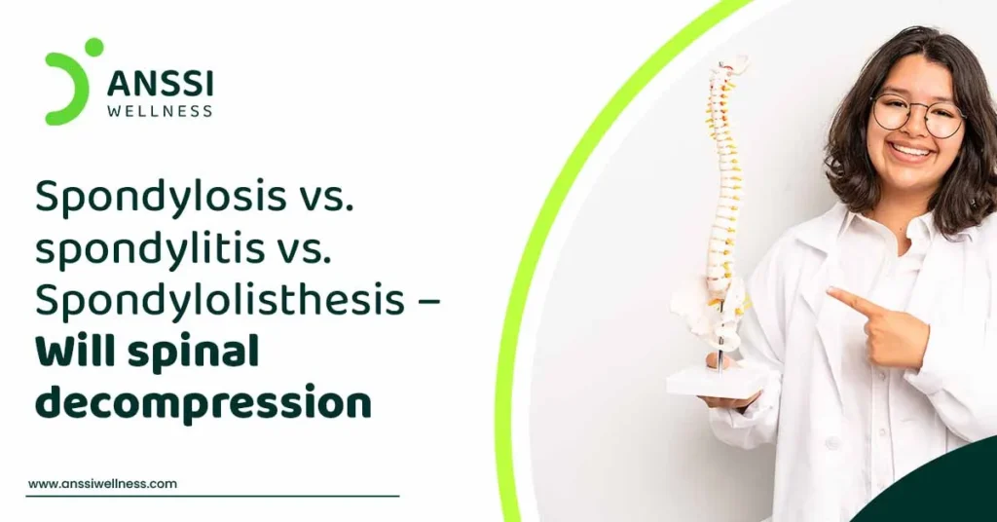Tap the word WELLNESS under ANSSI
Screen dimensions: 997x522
160,111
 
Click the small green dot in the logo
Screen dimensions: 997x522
94,47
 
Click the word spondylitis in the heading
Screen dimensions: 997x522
150,248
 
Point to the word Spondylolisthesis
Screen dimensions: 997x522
220,298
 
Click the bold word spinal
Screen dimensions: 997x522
194,353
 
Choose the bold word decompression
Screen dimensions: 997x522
203,402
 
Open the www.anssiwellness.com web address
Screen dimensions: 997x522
102,484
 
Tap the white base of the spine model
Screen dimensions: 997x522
716,383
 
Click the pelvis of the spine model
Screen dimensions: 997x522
708,313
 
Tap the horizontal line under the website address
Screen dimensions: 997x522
212,496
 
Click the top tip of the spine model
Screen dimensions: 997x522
732,59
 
